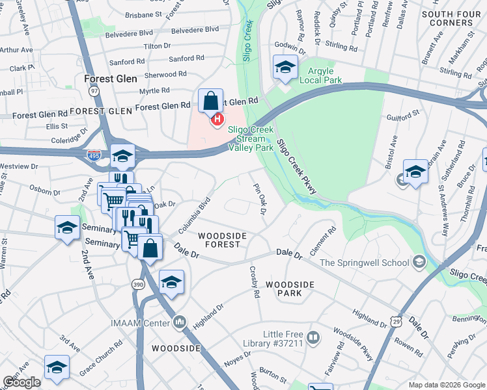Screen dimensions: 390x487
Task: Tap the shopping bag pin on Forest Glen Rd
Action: coord(211,102)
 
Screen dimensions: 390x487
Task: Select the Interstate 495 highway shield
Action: coord(94,155)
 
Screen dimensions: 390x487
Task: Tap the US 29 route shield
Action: coord(396,322)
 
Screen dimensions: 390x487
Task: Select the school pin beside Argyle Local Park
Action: coord(285,68)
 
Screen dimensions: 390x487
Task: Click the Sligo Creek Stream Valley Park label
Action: coord(251,137)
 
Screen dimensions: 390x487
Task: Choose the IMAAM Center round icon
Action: coord(180,322)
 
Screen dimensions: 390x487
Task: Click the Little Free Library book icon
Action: coord(313,338)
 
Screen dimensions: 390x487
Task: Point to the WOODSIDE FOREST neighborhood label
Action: coord(219,240)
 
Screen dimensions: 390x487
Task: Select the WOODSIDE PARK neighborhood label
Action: coord(290,289)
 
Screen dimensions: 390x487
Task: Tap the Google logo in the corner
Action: coord(21,382)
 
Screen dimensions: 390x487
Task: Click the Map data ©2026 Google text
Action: coord(446,385)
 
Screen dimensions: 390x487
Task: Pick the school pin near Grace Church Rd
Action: coord(57,368)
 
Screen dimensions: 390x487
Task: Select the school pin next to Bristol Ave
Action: coord(415,172)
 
